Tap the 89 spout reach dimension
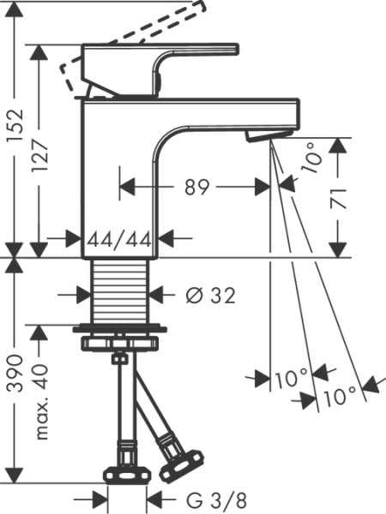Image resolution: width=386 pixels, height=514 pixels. (x=196, y=187)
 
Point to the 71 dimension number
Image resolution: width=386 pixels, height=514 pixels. (x=341, y=199)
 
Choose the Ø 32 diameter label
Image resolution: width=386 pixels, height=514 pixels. (x=210, y=296)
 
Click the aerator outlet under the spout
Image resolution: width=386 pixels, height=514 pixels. (x=262, y=136)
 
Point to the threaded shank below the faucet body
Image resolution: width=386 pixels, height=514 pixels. (x=120, y=291)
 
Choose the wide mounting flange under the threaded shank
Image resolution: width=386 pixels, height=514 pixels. (x=120, y=329)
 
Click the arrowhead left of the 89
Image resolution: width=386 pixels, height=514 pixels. (x=124, y=187)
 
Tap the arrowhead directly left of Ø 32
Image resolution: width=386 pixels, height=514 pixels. (x=86, y=296)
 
